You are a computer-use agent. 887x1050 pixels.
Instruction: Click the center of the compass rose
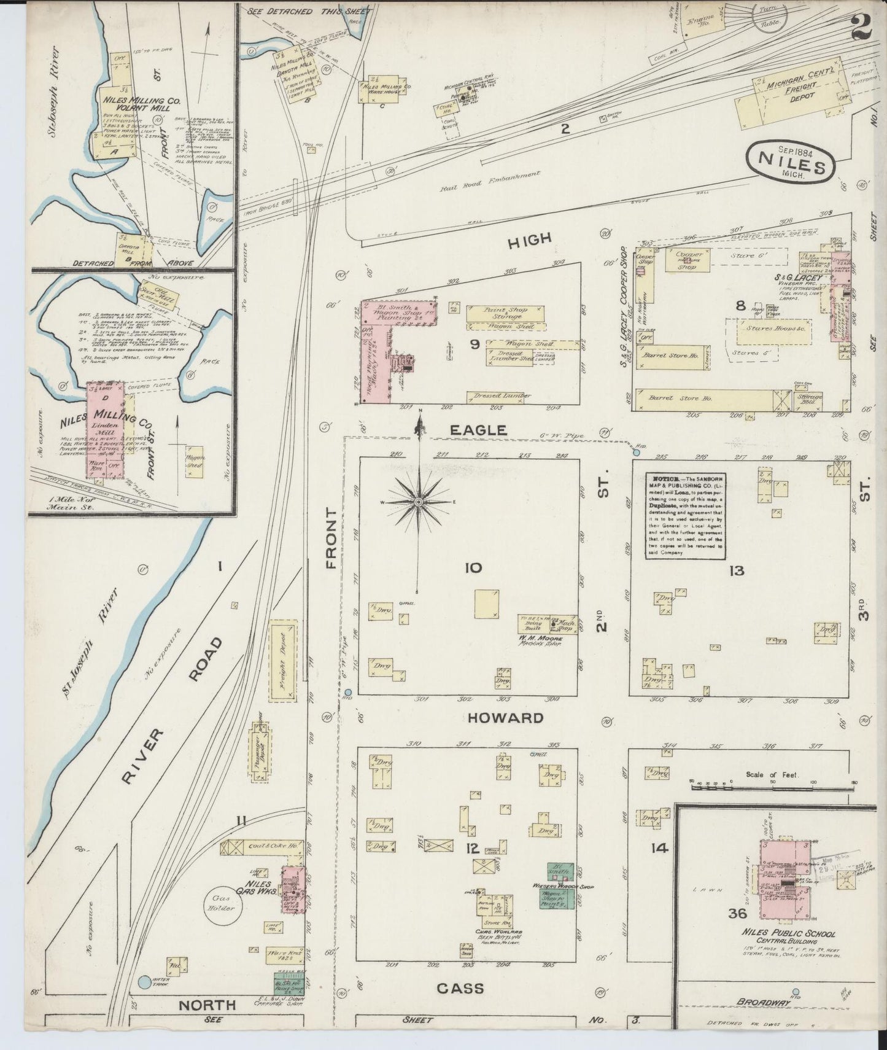coord(419,502)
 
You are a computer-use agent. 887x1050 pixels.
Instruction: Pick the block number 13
coord(736,570)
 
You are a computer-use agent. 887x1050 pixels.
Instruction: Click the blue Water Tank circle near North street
coord(143,982)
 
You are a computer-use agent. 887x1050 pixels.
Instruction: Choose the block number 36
coord(737,913)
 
